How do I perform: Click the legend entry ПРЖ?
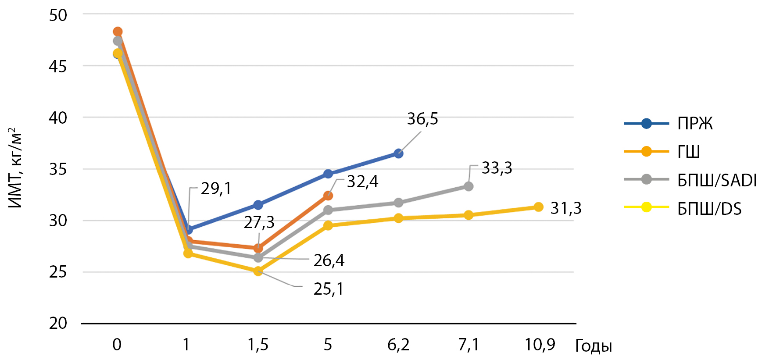[x=668, y=124]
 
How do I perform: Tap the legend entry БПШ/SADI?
[x=690, y=180]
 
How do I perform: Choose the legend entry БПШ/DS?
[x=683, y=208]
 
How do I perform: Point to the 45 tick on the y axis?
[x=58, y=66]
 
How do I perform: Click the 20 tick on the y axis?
[x=58, y=324]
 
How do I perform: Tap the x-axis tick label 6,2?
[x=398, y=345]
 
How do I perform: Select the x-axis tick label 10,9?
[x=540, y=345]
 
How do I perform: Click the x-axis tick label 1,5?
[x=258, y=345]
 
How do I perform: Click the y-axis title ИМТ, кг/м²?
[x=15, y=168]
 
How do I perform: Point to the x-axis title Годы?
[x=594, y=346]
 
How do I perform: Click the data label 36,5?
[x=422, y=119]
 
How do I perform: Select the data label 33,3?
[x=497, y=168]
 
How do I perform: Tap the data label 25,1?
[x=329, y=289]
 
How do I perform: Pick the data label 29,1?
[x=216, y=189]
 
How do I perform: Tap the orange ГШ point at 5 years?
[x=328, y=196]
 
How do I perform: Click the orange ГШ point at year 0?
[x=118, y=32]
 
